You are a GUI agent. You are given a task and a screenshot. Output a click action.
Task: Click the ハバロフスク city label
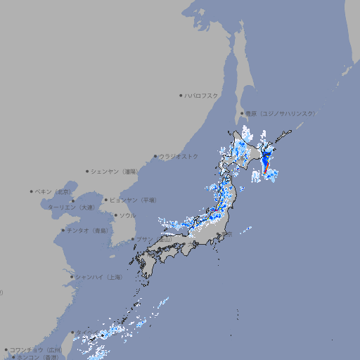[202, 95]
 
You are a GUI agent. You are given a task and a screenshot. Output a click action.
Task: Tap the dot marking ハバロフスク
[181, 95]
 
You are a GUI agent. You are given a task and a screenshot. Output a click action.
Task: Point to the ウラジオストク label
[179, 156]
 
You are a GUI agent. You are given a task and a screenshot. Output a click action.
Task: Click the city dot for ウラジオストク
[155, 156]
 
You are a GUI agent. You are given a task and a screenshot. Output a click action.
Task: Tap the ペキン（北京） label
[53, 191]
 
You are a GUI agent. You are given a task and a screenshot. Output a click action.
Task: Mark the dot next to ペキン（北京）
[32, 191]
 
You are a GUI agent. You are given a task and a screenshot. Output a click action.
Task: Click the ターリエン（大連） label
[71, 207]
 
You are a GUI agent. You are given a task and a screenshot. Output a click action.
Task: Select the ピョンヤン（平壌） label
[133, 200]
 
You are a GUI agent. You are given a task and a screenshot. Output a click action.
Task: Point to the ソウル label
[127, 215]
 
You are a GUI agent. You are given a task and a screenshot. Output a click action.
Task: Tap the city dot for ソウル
[115, 215]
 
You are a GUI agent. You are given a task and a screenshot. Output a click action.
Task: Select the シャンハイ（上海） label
[98, 277]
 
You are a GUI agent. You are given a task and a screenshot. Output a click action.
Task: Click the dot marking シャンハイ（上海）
[72, 277]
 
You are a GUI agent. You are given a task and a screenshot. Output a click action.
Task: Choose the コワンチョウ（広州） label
[36, 349]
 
